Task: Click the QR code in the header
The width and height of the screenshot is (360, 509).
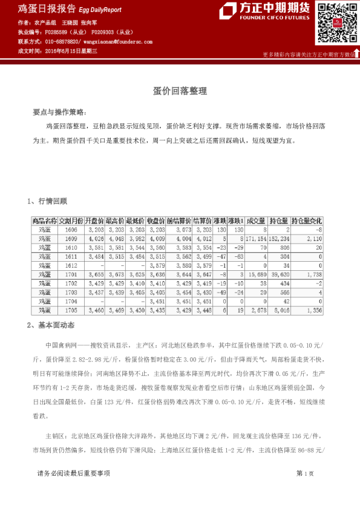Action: (332, 22)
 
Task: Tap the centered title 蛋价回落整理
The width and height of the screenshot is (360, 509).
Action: (180, 91)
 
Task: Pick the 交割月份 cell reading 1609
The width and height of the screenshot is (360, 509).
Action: (71, 239)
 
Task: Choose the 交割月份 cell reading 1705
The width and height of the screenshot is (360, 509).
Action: (71, 310)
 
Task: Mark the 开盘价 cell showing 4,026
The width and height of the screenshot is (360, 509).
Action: (96, 239)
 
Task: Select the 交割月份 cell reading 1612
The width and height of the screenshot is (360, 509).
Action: (71, 265)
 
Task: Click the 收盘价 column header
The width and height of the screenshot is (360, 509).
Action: (157, 221)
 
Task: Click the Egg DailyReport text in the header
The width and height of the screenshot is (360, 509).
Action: (100, 10)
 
